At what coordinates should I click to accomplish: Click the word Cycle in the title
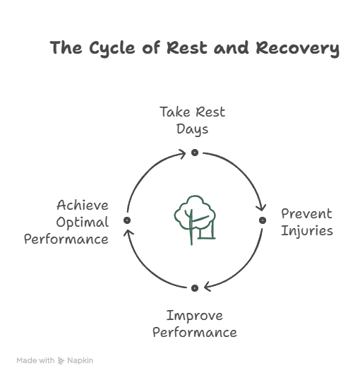[112, 48]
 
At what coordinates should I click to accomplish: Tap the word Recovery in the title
[297, 49]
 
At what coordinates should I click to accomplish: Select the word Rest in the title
[187, 47]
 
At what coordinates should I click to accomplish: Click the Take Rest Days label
[193, 120]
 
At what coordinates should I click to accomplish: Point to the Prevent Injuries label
[306, 222]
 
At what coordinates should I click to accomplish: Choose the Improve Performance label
[195, 323]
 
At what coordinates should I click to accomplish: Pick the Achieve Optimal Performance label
[66, 222]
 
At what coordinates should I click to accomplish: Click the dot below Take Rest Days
[195, 153]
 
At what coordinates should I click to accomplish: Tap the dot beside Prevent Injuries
[263, 220]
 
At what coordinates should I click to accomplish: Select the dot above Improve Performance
[195, 288]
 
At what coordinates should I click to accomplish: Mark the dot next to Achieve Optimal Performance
[127, 220]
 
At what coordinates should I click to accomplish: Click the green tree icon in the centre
[195, 220]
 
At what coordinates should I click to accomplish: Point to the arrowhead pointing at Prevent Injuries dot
[261, 208]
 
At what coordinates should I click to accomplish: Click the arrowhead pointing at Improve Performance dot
[208, 287]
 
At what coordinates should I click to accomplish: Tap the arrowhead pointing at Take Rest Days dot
[182, 154]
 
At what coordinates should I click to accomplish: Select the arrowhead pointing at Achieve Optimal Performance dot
[128, 233]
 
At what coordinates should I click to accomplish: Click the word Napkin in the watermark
[80, 360]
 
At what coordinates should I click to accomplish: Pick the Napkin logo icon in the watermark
[61, 361]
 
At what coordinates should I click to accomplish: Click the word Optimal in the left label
[83, 222]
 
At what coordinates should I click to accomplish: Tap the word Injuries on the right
[307, 231]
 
